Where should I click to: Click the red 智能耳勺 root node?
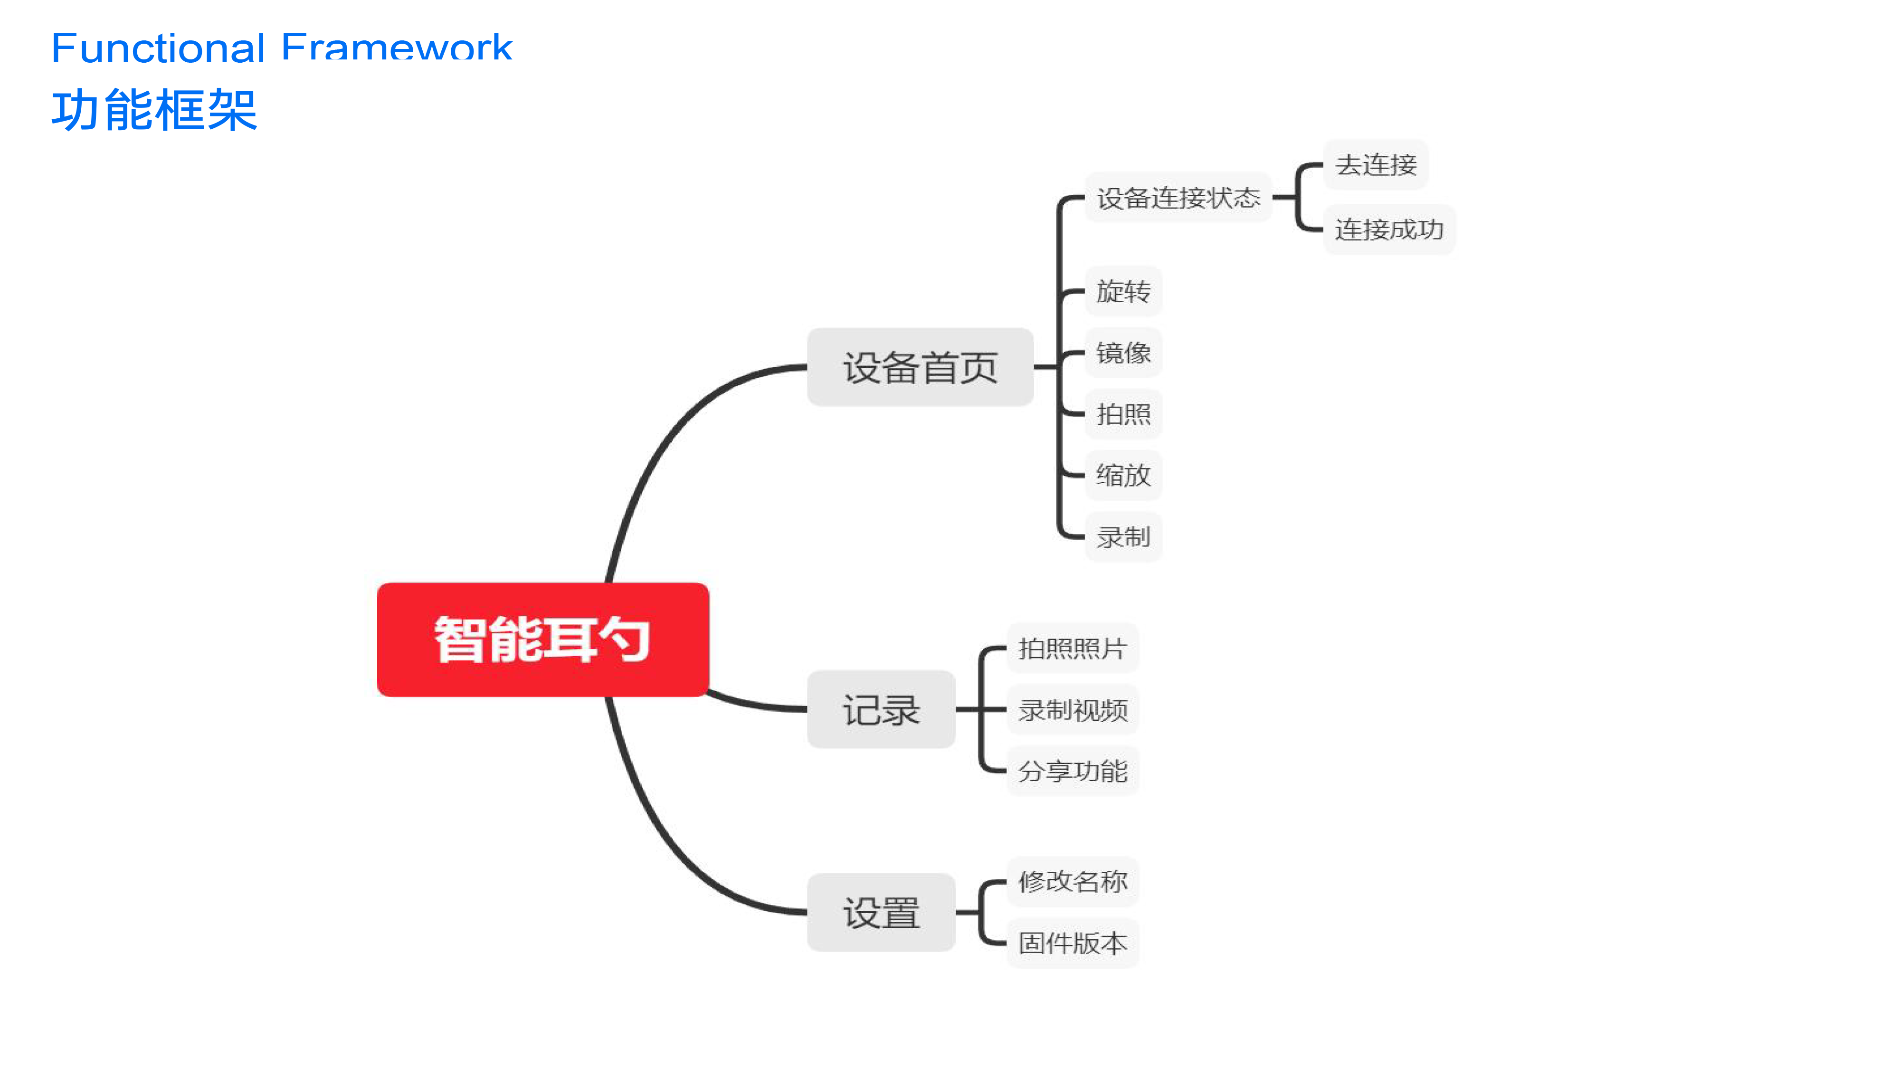tap(543, 639)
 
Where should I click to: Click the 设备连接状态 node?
tap(1178, 197)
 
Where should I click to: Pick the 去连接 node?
tap(1376, 164)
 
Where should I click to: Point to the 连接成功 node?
tap(1389, 229)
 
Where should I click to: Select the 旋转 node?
tap(1123, 291)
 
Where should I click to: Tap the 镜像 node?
tap(1123, 352)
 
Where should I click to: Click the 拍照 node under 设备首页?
tap(1123, 413)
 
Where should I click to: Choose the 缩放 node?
tap(1123, 474)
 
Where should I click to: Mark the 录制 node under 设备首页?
tap(1123, 536)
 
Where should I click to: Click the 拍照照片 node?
tap(1073, 648)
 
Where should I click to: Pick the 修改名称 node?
tap(1073, 881)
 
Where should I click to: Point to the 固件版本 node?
tap(1073, 943)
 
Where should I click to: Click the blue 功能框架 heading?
tap(154, 110)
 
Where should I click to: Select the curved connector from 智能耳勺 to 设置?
tap(664, 849)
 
